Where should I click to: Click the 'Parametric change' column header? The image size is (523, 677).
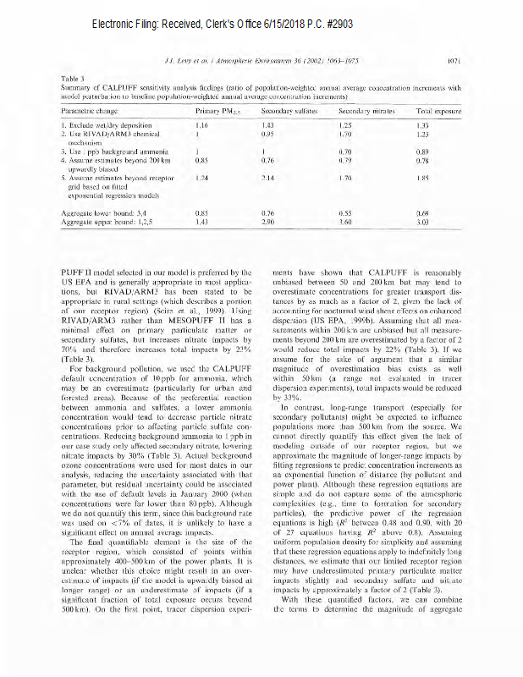[x=90, y=111]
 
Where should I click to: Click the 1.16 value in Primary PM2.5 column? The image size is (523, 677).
[x=201, y=125]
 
